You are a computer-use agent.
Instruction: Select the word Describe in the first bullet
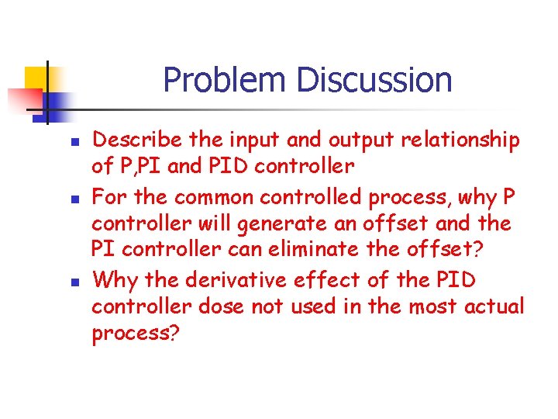(x=137, y=140)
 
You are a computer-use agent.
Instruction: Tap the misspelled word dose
(x=221, y=307)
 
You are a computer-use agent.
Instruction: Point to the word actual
(x=494, y=307)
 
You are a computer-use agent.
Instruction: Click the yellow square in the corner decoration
(x=36, y=78)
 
